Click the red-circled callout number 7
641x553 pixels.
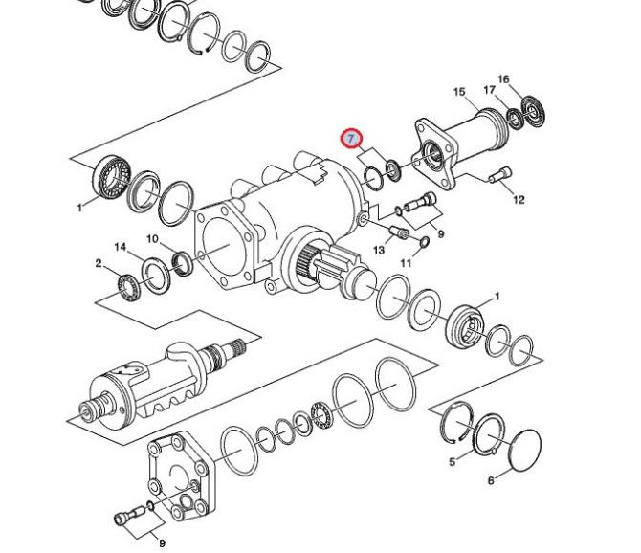pyautogui.click(x=351, y=139)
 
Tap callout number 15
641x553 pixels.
pyautogui.click(x=459, y=92)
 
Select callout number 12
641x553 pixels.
pyautogui.click(x=519, y=199)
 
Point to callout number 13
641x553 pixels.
pyautogui.click(x=379, y=250)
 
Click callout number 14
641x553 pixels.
pyautogui.click(x=121, y=247)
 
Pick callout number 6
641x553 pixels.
pyautogui.click(x=491, y=480)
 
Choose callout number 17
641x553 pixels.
pyautogui.click(x=489, y=90)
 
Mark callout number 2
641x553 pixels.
pyautogui.click(x=99, y=263)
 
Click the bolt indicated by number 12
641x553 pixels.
pyautogui.click(x=500, y=175)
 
